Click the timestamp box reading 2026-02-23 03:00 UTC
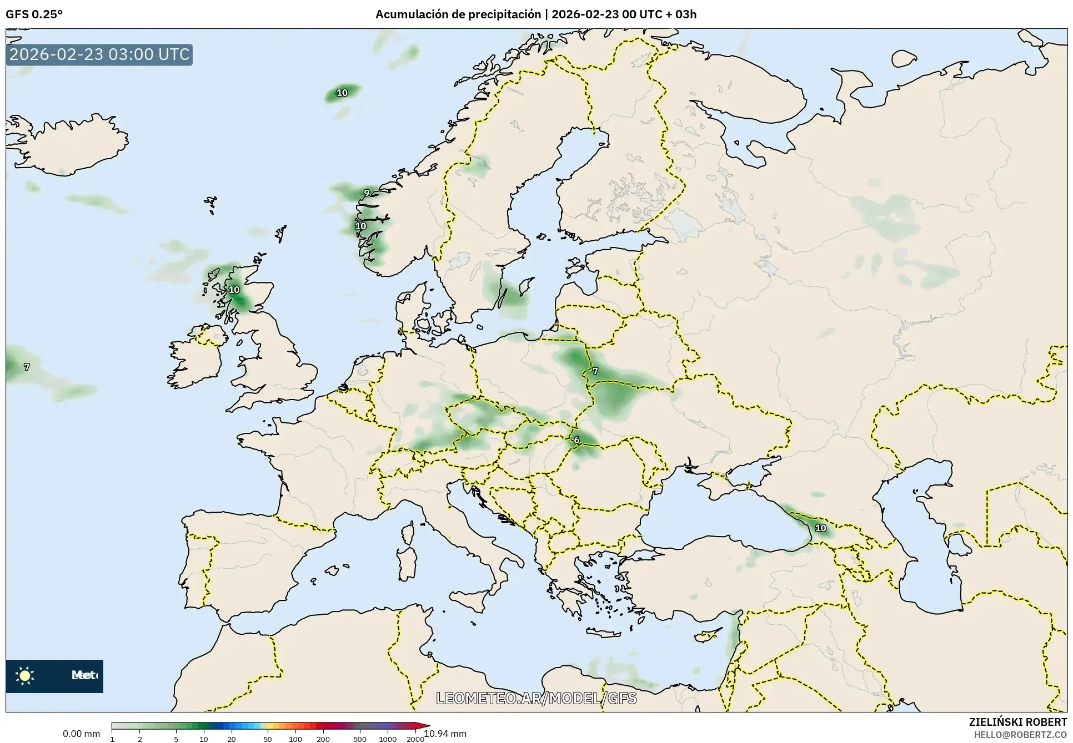(x=99, y=55)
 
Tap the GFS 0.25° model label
(x=34, y=14)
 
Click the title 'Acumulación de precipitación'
(x=458, y=14)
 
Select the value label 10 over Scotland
(x=234, y=290)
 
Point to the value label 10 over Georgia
(x=820, y=528)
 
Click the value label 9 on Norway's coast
(x=367, y=193)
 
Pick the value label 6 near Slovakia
(x=576, y=440)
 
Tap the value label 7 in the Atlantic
(x=27, y=367)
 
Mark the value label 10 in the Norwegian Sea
(x=342, y=93)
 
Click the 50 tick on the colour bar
(x=268, y=739)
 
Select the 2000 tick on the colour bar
(x=415, y=739)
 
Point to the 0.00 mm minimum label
(x=81, y=734)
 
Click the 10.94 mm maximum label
(x=445, y=734)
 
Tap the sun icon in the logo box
(x=25, y=675)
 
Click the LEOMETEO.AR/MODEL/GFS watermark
(x=536, y=698)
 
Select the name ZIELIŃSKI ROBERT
(x=1017, y=722)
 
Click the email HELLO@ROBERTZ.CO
(x=1020, y=734)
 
